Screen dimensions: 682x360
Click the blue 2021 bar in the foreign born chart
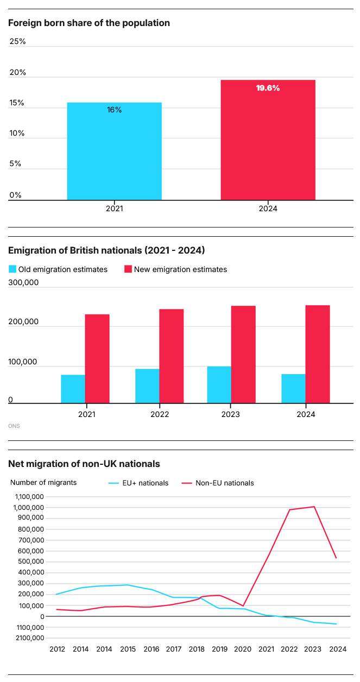click(x=114, y=151)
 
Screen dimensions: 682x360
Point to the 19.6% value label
click(x=268, y=88)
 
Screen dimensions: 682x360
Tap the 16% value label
click(x=114, y=110)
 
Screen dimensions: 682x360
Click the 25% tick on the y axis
click(x=18, y=41)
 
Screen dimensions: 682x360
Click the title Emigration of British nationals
click(x=106, y=250)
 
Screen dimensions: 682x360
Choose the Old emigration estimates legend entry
click(x=58, y=269)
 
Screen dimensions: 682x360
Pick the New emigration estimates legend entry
click(x=175, y=269)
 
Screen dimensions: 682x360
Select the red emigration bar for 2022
click(x=172, y=356)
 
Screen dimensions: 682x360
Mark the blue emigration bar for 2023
click(x=219, y=385)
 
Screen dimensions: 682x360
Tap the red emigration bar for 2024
click(x=318, y=355)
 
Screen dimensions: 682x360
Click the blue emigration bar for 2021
click(x=73, y=389)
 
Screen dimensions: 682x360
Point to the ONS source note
click(x=14, y=426)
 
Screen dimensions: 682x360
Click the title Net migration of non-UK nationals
click(x=84, y=464)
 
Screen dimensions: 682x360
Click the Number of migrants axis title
click(x=44, y=482)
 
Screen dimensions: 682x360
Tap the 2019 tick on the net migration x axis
click(x=219, y=649)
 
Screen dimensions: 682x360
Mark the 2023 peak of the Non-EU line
click(x=314, y=507)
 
